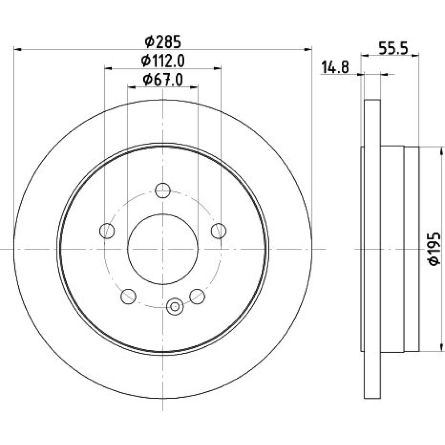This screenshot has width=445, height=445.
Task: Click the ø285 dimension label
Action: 162,42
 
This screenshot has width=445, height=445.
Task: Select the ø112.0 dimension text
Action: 163,61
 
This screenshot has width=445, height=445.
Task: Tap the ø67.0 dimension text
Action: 163,80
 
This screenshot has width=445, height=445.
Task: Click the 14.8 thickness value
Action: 335,68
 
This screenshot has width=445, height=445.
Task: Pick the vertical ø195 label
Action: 434,249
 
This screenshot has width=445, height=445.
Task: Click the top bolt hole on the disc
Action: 162,190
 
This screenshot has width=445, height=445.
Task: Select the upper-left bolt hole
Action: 107,231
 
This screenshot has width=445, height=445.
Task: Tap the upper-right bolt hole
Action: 218,231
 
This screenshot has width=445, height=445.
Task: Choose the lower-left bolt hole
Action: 128,296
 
